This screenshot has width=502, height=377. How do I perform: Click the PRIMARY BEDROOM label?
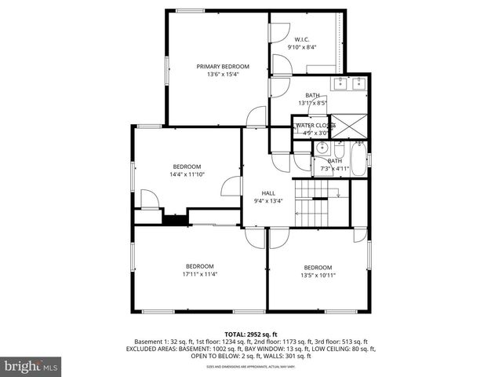223,67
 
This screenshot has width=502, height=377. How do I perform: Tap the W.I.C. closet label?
302,39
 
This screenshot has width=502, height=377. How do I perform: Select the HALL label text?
268,192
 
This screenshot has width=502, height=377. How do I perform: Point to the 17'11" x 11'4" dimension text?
199,275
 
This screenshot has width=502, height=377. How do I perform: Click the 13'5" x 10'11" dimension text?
318,275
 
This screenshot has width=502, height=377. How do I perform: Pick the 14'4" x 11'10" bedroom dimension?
187,174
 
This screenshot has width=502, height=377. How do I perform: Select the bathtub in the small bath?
358,160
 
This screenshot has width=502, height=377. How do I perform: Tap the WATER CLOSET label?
314,126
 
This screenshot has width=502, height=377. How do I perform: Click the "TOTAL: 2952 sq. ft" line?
251,335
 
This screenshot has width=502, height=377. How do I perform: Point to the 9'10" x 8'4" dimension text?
302,47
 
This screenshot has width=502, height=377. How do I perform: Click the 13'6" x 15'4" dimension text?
223,75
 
